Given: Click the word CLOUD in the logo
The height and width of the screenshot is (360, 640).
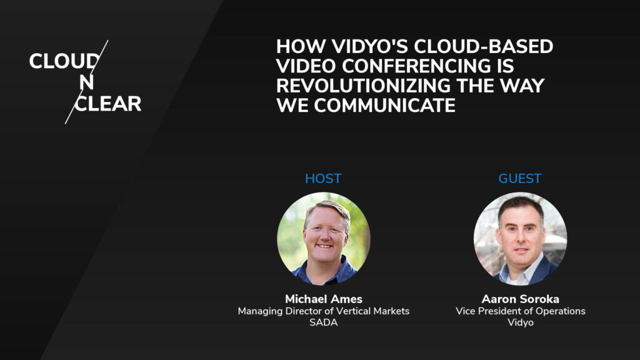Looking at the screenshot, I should tap(63, 61).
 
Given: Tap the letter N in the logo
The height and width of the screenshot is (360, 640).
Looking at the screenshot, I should tap(87, 82).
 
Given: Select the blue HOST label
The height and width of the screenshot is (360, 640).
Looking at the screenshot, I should tap(323, 179).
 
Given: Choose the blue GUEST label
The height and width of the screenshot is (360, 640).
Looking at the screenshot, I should tap(519, 179).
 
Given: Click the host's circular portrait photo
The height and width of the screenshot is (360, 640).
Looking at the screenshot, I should tap(324, 238).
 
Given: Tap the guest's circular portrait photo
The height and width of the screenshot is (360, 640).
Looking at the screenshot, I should tap(520, 238).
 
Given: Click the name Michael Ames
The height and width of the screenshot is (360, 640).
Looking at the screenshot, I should tap(323, 299).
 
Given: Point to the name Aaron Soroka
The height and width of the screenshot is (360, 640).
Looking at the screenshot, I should tap(520, 299).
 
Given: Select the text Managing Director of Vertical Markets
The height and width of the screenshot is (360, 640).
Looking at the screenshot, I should tap(323, 311).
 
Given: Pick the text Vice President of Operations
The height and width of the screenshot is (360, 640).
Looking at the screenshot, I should tap(520, 311).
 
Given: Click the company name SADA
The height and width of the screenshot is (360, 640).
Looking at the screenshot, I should tap(323, 323).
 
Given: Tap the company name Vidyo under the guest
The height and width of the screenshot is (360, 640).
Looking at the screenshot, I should tap(520, 323).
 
